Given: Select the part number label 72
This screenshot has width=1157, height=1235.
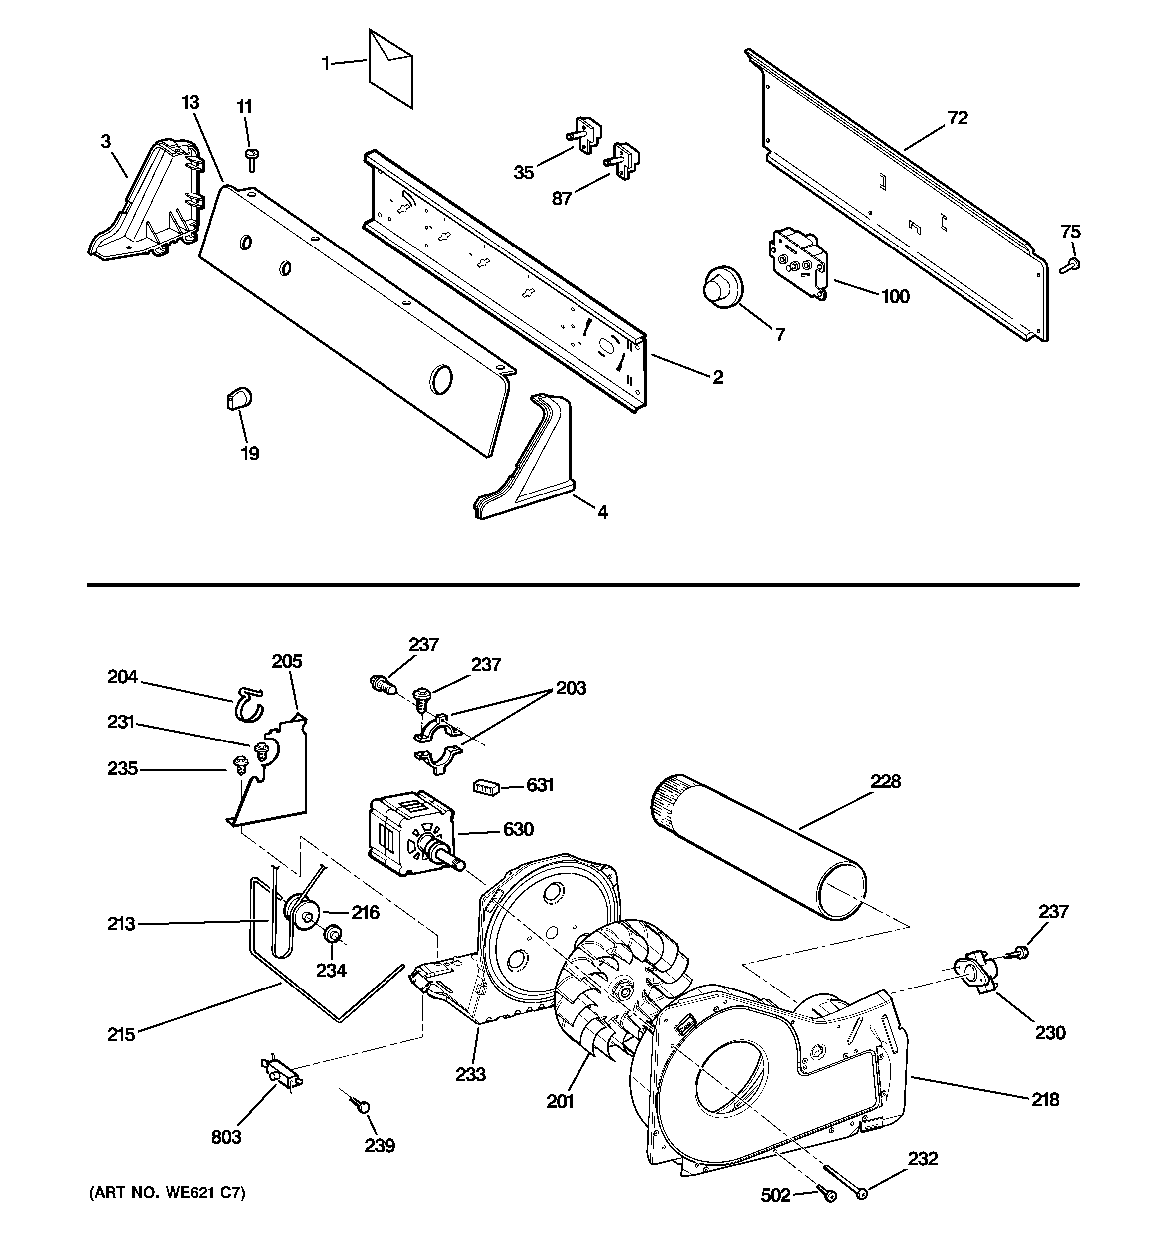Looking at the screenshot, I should pyautogui.click(x=958, y=118).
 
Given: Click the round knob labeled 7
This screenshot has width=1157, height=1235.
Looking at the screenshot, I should pyautogui.click(x=722, y=286).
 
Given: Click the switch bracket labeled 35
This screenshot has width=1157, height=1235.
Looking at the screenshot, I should pyautogui.click(x=585, y=135).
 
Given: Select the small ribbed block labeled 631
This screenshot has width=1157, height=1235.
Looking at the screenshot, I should pyautogui.click(x=486, y=787).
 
